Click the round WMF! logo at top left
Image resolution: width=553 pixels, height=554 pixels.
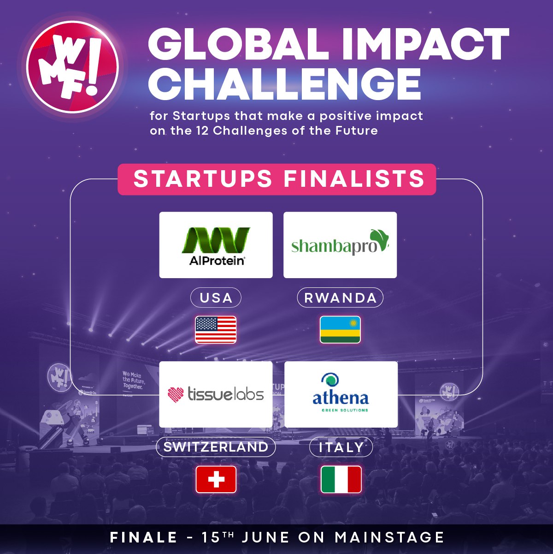tap(72, 67)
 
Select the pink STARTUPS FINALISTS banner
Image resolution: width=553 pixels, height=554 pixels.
tap(276, 179)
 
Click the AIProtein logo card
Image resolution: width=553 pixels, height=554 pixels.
tap(216, 245)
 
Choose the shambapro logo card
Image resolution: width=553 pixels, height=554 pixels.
tap(340, 245)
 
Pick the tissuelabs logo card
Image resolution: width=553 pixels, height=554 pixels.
tap(216, 394)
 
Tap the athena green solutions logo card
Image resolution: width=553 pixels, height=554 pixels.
tap(341, 394)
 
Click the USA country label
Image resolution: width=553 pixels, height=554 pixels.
tap(216, 298)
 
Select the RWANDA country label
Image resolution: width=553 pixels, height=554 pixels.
tap(340, 298)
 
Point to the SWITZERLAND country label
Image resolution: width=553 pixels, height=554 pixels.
tap(216, 447)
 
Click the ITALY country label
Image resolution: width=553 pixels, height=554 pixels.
tap(341, 447)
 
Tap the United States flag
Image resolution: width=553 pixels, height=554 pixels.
tap(216, 329)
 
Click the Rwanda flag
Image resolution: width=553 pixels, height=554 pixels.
tap(340, 329)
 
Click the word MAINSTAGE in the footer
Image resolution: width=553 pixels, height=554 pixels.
tap(389, 537)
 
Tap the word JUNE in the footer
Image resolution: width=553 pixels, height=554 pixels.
tap(265, 537)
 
